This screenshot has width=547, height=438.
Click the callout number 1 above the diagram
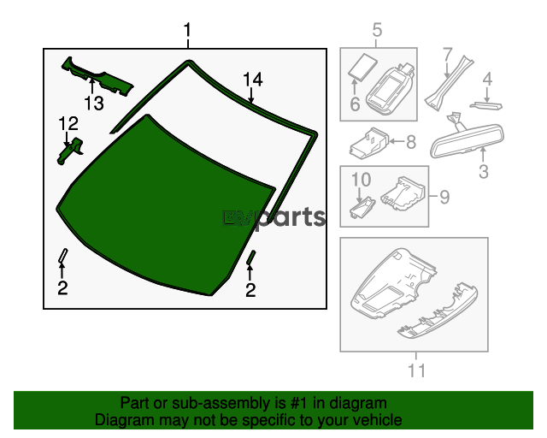pos(187,33)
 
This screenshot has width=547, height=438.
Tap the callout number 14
pos(252,80)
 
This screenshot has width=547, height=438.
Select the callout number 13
pos(93,104)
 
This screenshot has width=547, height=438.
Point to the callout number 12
pos(68,123)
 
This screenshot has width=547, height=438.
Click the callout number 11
pos(415,371)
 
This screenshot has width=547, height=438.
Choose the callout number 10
pos(360,181)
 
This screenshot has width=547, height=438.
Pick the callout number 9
pos(444,198)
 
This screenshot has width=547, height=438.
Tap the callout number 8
pos(410,142)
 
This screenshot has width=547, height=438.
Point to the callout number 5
pos(377,33)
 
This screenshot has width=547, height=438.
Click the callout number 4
pos(487,81)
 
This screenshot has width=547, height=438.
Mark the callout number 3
pos(483,172)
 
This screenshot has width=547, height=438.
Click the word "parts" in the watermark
pos(291,217)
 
